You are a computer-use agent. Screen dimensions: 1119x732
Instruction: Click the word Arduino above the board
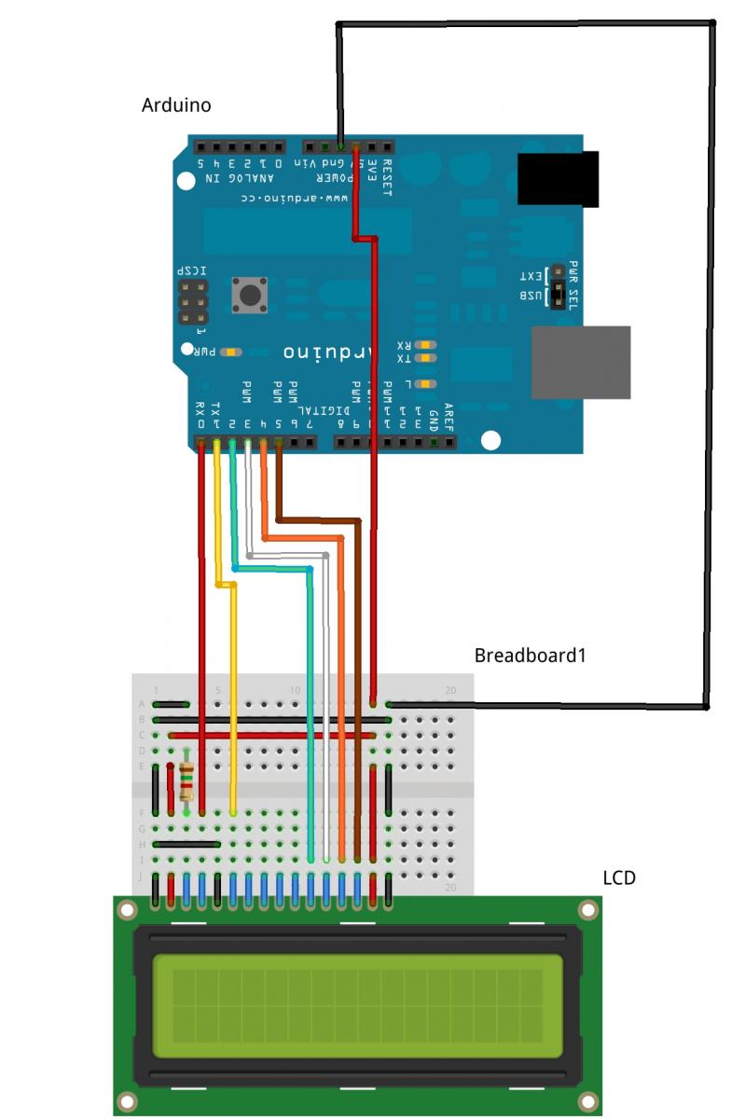(175, 104)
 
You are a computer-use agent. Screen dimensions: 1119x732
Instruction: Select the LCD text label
(619, 877)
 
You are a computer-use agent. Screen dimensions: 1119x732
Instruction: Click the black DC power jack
(558, 179)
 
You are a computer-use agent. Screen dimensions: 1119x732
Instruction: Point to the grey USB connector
(580, 362)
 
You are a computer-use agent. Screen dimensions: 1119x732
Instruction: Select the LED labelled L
(426, 383)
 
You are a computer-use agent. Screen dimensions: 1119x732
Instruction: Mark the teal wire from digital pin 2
(309, 709)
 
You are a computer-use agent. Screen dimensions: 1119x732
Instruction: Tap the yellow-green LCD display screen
(358, 1005)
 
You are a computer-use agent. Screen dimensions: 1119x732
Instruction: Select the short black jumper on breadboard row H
(186, 844)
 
